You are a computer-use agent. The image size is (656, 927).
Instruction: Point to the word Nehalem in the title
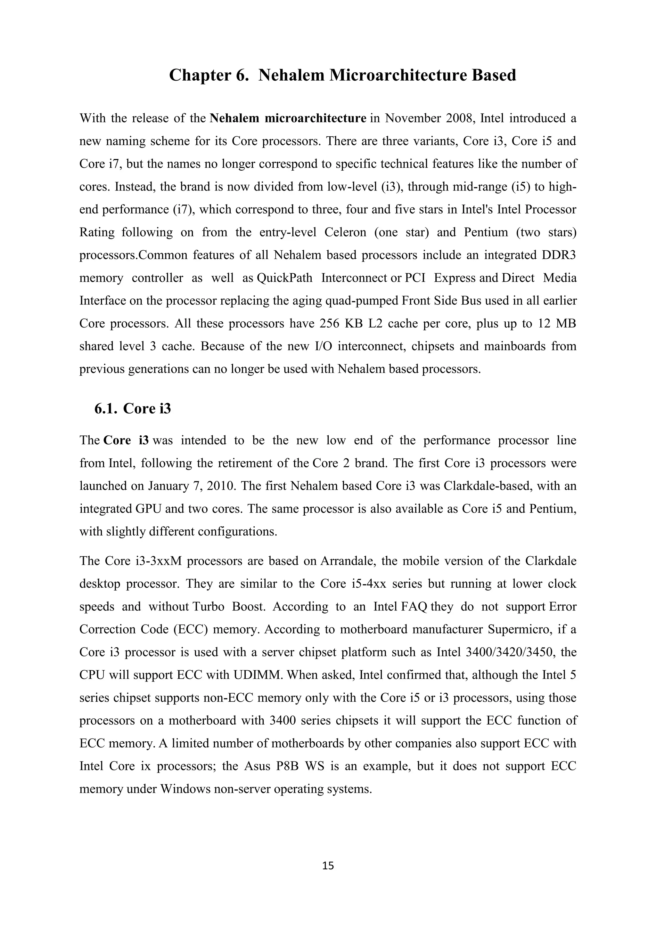(291, 76)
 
